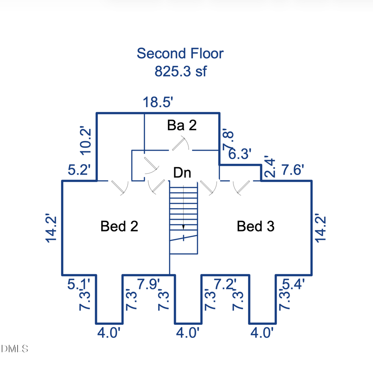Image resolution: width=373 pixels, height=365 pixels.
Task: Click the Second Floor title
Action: (x=180, y=53)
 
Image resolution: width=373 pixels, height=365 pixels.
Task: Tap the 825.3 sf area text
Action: (x=180, y=71)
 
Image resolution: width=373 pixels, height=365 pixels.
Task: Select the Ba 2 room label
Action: (x=182, y=125)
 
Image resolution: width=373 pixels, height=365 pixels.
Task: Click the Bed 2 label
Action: (x=119, y=226)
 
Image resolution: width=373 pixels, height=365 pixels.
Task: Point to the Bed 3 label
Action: (x=256, y=226)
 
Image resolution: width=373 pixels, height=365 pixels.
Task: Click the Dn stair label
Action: (x=182, y=173)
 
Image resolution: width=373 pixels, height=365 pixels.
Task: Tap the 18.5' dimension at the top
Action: (x=158, y=102)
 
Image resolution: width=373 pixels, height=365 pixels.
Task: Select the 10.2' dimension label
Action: (x=85, y=141)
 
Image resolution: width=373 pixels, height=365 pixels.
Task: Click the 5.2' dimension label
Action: (x=79, y=170)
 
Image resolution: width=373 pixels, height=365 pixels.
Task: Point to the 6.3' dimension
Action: (x=240, y=154)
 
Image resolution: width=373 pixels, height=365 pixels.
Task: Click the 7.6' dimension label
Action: (x=293, y=170)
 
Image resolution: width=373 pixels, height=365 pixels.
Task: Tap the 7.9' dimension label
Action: (x=148, y=284)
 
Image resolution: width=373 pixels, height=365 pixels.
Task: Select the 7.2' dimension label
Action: (x=225, y=284)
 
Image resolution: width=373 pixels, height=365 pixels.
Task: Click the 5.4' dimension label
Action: (x=293, y=284)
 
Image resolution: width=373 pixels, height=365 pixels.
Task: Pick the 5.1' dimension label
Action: (x=78, y=284)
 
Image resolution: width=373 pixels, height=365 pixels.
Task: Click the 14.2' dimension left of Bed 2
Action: (x=51, y=229)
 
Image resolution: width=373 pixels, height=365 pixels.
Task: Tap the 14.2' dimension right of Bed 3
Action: (x=320, y=229)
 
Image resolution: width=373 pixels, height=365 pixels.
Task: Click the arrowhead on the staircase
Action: (x=183, y=227)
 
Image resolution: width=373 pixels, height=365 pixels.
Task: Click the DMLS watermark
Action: (x=14, y=349)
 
